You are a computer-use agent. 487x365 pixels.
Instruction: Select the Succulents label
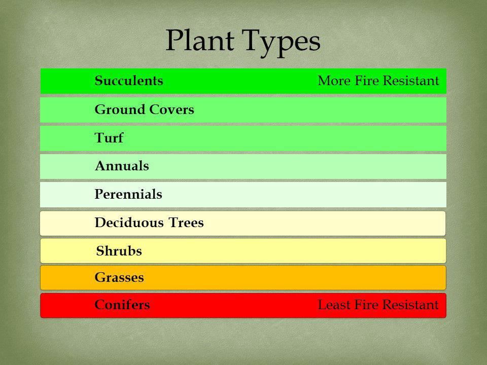(x=129, y=81)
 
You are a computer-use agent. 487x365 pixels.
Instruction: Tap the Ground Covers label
(x=144, y=109)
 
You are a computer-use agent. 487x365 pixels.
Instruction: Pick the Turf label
(x=109, y=138)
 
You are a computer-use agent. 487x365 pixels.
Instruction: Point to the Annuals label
(x=122, y=166)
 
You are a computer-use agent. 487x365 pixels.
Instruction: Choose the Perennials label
(x=128, y=194)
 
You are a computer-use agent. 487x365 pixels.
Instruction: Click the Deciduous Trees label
(x=149, y=223)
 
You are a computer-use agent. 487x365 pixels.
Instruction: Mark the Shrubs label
(x=119, y=251)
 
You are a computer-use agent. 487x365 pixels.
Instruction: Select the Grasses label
(x=119, y=278)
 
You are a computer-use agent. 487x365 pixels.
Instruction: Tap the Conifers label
(x=122, y=305)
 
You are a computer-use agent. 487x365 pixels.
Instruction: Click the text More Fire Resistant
(x=378, y=81)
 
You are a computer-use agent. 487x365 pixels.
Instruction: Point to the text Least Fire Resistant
(x=378, y=305)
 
